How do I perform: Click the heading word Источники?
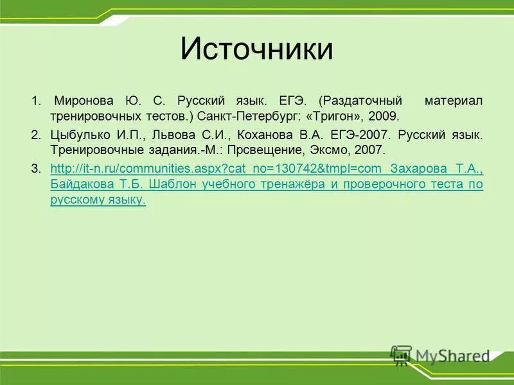(x=256, y=49)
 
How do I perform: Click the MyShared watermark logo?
(x=441, y=355)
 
